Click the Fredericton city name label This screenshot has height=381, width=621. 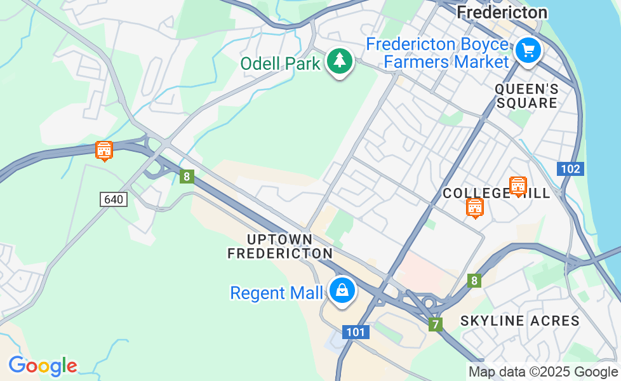point(502,12)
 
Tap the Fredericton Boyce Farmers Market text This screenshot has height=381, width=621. point(437,53)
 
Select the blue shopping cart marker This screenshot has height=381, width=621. point(528,50)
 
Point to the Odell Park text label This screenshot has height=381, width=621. point(280,63)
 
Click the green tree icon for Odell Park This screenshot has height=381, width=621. point(340,61)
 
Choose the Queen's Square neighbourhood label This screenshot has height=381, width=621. point(526,95)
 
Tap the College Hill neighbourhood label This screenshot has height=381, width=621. point(496,193)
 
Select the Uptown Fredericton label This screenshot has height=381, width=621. point(280,246)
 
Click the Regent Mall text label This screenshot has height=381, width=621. point(276,293)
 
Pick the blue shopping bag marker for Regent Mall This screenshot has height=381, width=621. point(342,290)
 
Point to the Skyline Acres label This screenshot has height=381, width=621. point(520,321)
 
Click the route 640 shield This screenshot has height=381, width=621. point(114,199)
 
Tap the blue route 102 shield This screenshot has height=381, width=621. point(570,169)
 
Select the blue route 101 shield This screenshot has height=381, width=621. point(356,332)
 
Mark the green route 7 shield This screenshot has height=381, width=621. point(435,324)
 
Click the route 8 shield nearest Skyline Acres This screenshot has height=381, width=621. point(474,281)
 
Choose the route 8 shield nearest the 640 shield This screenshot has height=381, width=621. point(186,177)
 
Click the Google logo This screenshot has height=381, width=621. point(43,366)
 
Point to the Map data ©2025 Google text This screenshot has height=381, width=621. point(543,372)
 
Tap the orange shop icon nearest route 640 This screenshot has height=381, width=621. point(103,150)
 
